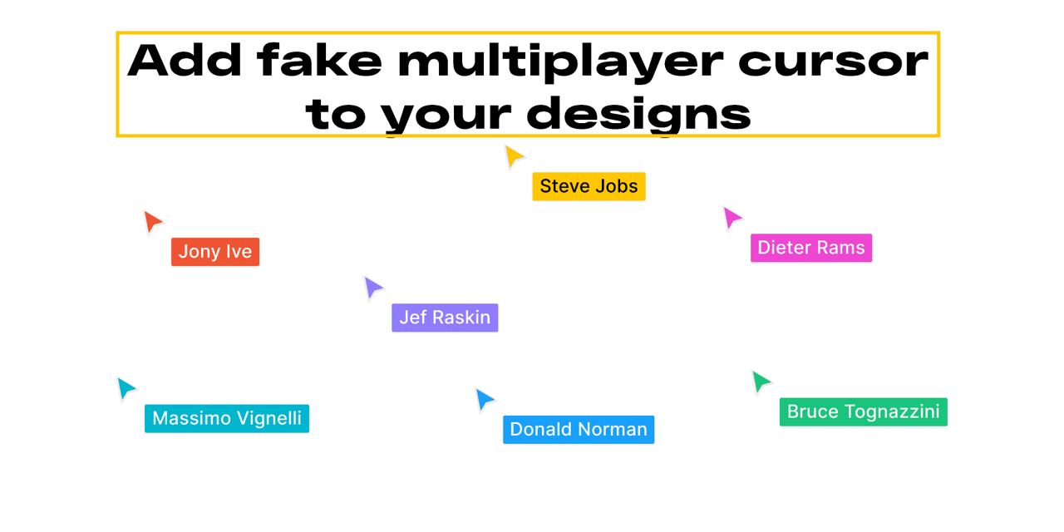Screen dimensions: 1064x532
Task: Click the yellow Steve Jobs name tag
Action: (x=589, y=186)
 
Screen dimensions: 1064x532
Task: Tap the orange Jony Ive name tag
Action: (x=215, y=252)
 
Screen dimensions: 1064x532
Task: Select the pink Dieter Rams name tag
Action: (x=810, y=248)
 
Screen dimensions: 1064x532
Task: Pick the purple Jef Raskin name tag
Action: (x=445, y=318)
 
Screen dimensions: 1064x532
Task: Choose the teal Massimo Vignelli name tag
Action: (x=227, y=418)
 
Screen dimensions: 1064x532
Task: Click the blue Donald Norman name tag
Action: (x=579, y=430)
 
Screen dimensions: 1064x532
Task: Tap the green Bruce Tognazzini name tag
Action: (x=863, y=411)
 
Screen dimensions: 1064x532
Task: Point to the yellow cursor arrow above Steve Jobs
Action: (x=513, y=155)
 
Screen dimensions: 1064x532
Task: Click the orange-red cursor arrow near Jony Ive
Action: (x=151, y=221)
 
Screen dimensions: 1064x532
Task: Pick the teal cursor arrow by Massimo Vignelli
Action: (x=125, y=387)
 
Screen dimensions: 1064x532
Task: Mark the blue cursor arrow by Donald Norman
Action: (x=484, y=399)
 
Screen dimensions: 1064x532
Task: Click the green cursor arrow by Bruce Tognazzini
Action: (x=760, y=382)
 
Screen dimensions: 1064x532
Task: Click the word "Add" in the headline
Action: (x=185, y=61)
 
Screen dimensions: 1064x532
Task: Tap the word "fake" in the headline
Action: (x=319, y=60)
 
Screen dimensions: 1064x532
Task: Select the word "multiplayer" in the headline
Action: (x=560, y=63)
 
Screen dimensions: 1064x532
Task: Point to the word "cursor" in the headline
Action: (x=833, y=62)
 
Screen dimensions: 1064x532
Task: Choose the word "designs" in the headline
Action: (x=639, y=114)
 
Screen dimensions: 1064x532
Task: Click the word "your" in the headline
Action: (x=446, y=118)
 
